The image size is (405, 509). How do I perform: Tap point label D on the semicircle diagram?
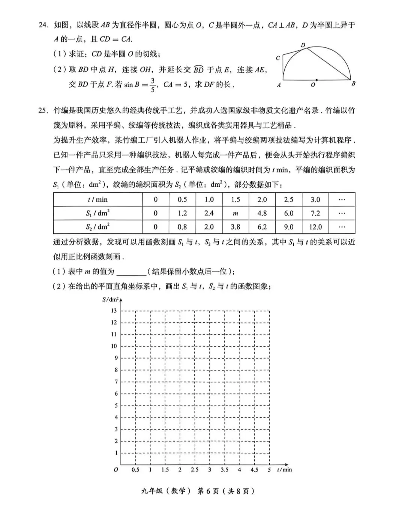pos(303,45)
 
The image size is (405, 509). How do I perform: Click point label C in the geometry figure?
pos(278,58)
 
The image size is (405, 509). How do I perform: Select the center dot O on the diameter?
pos(316,80)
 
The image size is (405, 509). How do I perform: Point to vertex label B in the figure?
pos(353,84)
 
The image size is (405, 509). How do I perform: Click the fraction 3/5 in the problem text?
pos(153,84)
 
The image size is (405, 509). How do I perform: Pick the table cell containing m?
pos(235,213)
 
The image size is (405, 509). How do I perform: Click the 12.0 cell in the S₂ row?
pos(315,227)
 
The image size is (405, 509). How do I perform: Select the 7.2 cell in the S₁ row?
pos(315,213)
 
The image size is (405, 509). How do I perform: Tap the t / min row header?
pos(97,200)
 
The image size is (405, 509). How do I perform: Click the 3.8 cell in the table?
pos(235,227)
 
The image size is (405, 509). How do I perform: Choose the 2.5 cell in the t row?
pos(288,200)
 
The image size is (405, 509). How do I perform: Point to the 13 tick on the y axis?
pos(114,311)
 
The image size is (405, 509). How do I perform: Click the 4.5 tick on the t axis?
pos(254,470)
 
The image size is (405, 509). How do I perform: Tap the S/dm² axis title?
pos(110,300)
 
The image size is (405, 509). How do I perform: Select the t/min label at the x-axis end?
pos(284,470)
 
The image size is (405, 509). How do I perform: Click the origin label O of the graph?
pos(116,470)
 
